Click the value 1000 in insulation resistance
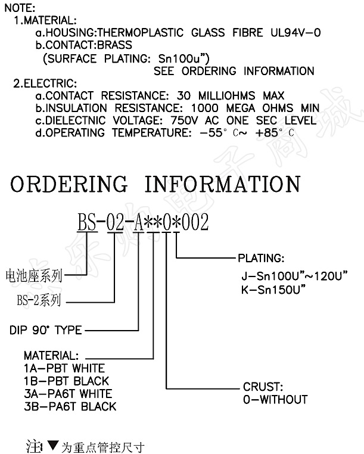click(206, 108)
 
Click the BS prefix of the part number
click(86, 223)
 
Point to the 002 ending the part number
click(195, 223)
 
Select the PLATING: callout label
click(261, 259)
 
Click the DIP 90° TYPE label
click(46, 329)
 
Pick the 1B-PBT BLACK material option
click(66, 381)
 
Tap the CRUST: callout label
click(262, 387)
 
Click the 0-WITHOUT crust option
click(275, 399)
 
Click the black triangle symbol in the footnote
click(52, 444)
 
